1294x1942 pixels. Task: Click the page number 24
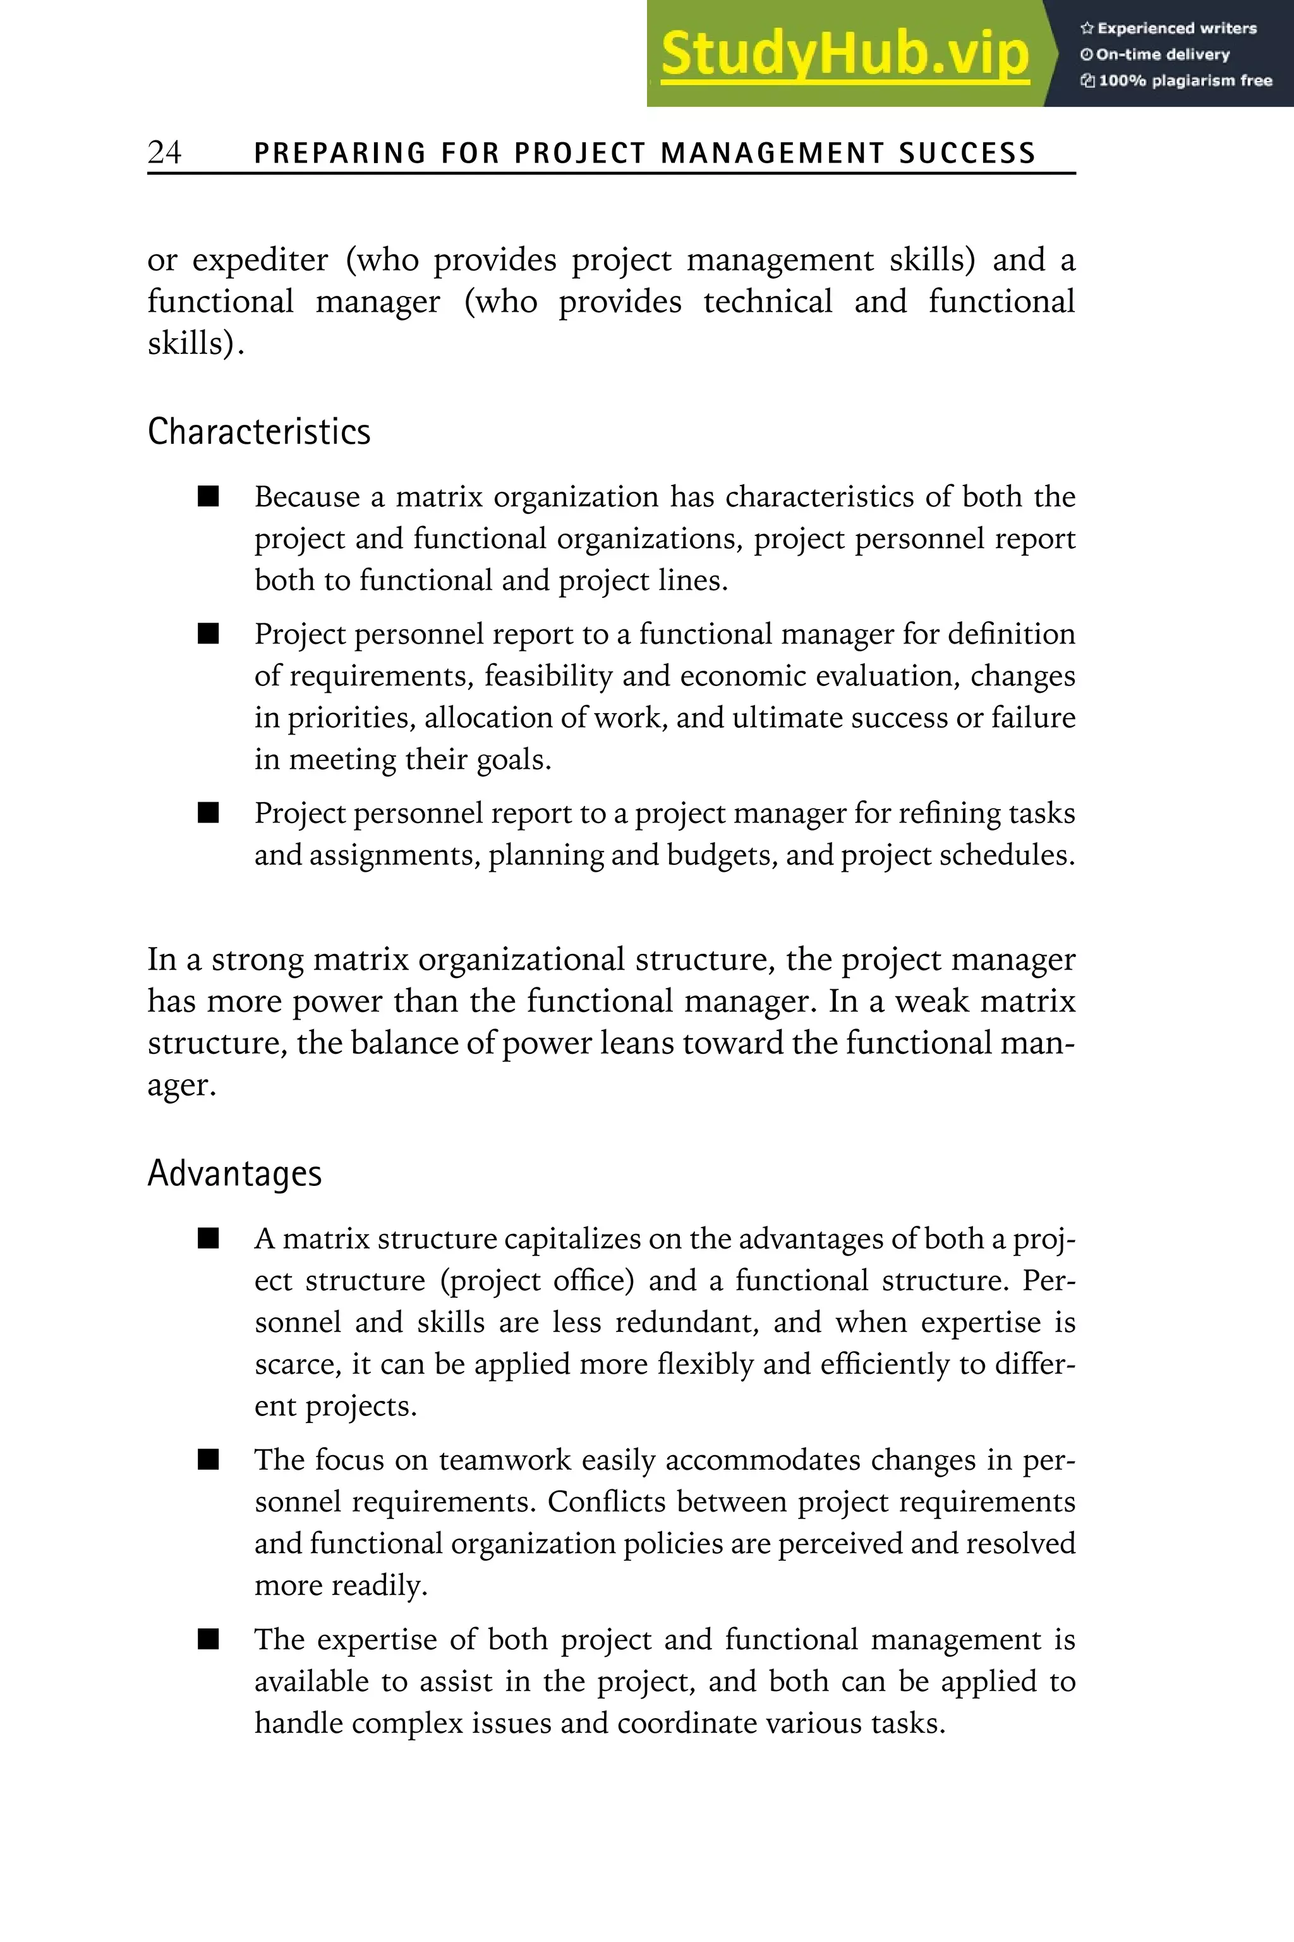click(164, 152)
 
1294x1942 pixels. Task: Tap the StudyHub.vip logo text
click(844, 54)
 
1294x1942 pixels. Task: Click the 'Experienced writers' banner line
click(1168, 28)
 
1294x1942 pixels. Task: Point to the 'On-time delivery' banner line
click(1156, 54)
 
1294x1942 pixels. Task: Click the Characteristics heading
click(258, 432)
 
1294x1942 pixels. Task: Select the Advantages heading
click(234, 1173)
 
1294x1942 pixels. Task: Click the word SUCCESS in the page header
click(967, 154)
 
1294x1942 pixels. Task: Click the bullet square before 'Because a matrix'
click(209, 496)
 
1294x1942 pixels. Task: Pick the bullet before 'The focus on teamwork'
click(209, 1460)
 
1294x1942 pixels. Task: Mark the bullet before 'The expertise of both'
click(209, 1639)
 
